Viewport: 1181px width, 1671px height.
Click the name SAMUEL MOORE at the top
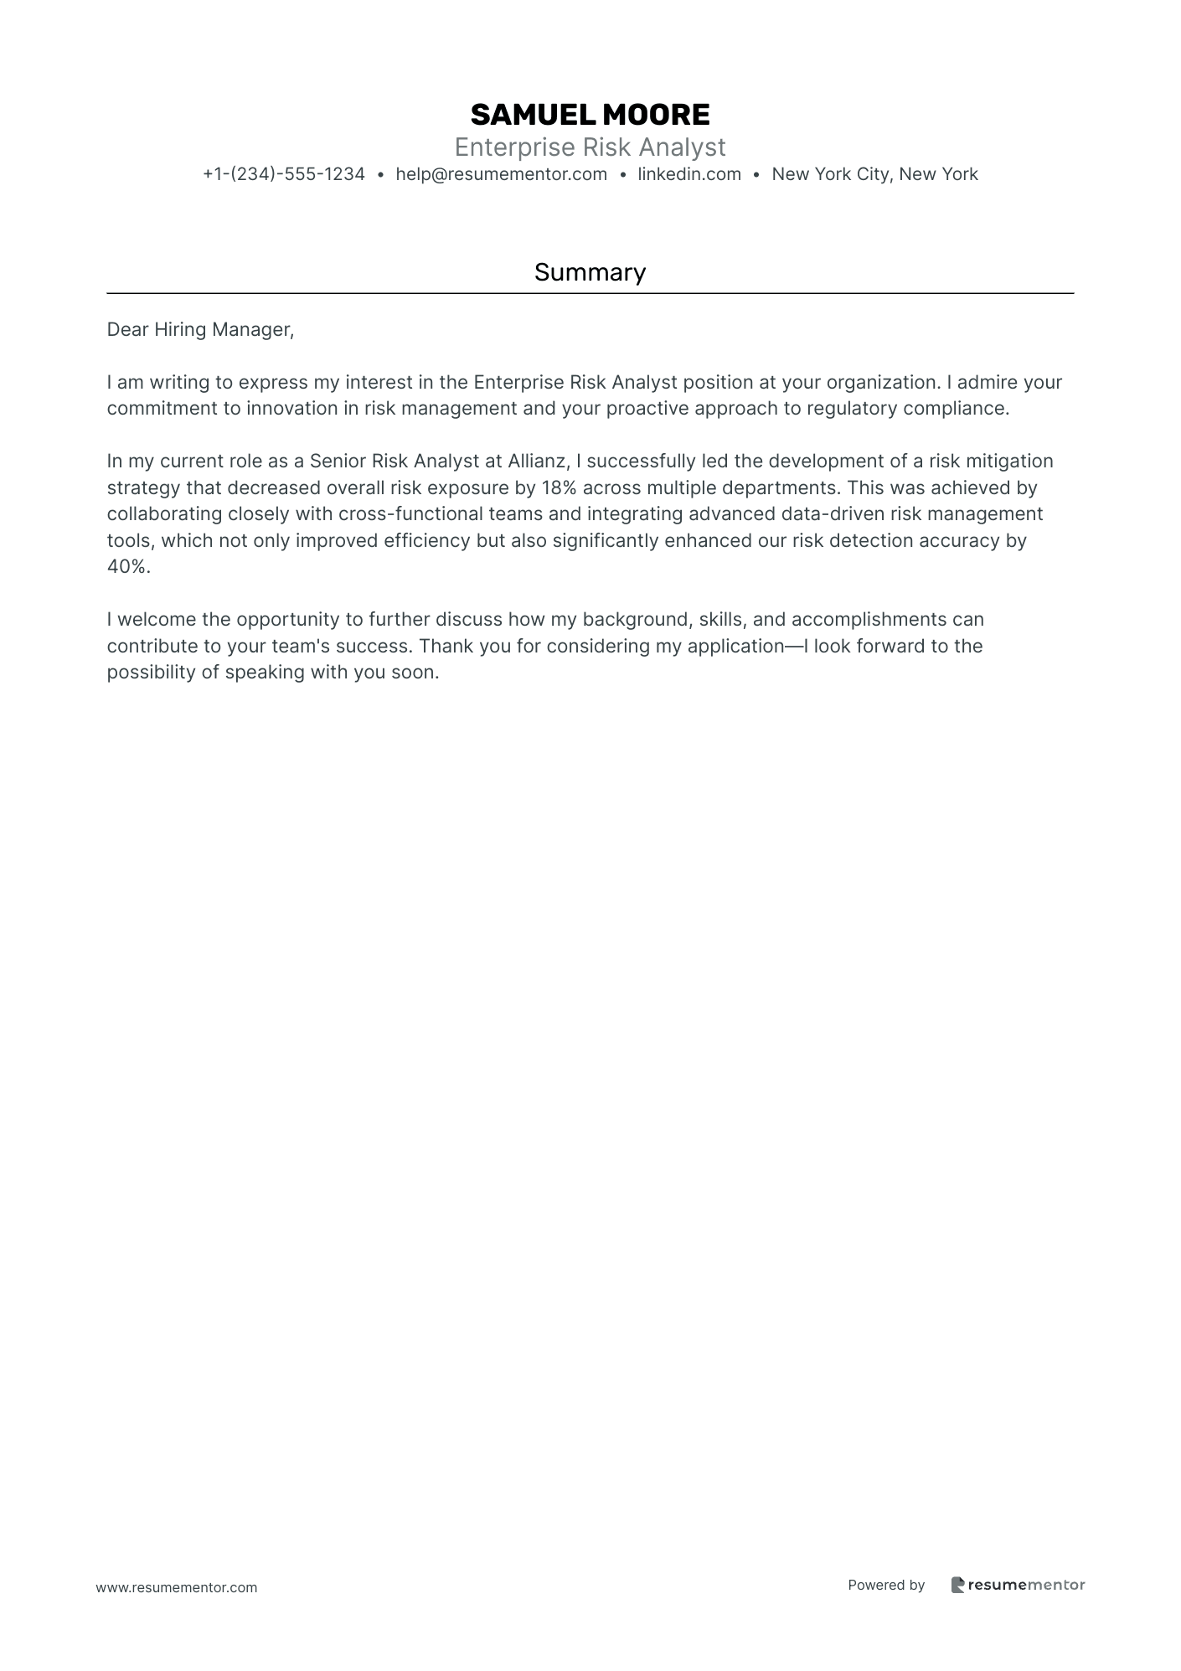tap(590, 115)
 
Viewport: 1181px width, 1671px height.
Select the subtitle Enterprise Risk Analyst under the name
tap(590, 147)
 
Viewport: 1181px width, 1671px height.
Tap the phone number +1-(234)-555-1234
tap(284, 174)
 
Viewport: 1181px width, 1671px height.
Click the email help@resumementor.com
tap(501, 174)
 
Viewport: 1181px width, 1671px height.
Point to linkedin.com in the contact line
tap(689, 174)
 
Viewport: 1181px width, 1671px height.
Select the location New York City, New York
tap(874, 174)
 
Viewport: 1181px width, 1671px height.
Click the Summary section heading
tap(590, 272)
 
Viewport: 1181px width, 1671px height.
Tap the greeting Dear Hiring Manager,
tap(200, 330)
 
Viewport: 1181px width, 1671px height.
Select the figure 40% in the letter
tap(127, 567)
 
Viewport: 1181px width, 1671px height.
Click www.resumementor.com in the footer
tap(177, 1587)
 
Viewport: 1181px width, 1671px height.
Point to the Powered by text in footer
tap(886, 1585)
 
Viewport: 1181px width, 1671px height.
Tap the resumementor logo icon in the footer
tap(957, 1585)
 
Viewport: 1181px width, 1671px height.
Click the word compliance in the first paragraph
tap(958, 409)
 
